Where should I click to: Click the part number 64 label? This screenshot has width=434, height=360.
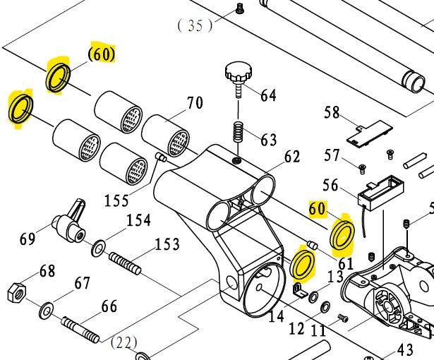tap(268, 95)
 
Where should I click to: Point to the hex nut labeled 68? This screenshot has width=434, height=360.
tap(16, 290)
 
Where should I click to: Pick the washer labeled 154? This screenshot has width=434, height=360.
tap(98, 248)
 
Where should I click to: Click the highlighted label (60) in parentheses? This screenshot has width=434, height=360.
tap(102, 54)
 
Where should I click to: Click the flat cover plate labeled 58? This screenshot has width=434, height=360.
tap(368, 133)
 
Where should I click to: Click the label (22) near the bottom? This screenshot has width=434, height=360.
tap(124, 343)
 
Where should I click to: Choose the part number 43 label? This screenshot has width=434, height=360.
tap(405, 349)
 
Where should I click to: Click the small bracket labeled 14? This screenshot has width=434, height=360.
tap(299, 289)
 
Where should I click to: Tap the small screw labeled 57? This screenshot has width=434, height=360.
tap(362, 167)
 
